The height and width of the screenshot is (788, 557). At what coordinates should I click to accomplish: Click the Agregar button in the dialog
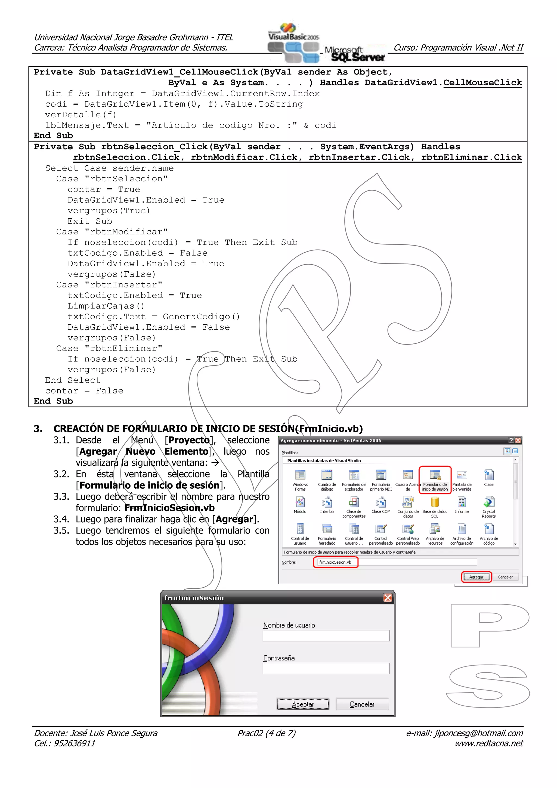pos(476,577)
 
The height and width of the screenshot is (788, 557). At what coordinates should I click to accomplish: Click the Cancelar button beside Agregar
pos(505,577)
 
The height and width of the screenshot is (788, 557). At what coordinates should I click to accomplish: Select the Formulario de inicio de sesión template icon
pos(435,476)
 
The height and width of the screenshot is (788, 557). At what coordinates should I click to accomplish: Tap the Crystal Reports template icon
pos(488,503)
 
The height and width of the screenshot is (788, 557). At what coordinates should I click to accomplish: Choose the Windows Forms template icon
pos(300,476)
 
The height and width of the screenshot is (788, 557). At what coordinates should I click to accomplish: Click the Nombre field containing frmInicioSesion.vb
pos(335,562)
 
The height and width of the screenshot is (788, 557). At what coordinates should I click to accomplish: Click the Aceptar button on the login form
pos(303,704)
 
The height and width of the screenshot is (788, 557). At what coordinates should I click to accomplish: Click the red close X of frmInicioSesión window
pos(388,598)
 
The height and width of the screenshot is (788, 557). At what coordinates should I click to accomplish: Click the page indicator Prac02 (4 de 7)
pos(266,733)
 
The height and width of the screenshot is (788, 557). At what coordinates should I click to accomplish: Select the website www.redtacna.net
pos(489,743)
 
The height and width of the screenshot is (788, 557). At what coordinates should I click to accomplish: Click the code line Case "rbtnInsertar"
pos(109,285)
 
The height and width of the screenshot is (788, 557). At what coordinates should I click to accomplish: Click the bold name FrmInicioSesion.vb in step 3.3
pos(169,508)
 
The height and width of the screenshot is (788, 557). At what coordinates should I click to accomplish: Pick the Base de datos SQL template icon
pos(435,503)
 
